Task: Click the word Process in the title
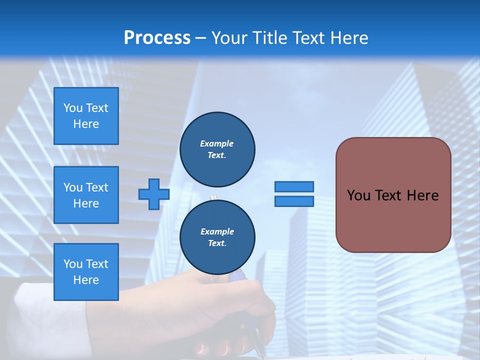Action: [x=157, y=38]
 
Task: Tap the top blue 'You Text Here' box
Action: [x=86, y=116]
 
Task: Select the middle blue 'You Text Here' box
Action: [x=86, y=195]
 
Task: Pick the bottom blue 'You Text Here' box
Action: [x=86, y=272]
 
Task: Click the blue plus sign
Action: [x=154, y=194]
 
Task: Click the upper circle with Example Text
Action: [x=217, y=149]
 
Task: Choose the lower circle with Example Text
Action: [x=217, y=237]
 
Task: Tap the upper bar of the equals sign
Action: [x=294, y=187]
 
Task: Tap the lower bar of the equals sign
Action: [x=294, y=201]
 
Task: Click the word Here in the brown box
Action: [x=422, y=195]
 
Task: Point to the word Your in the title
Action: [x=229, y=38]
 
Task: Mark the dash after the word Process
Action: [x=200, y=38]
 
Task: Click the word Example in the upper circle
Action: [x=217, y=143]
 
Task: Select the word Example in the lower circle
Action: [x=217, y=231]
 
